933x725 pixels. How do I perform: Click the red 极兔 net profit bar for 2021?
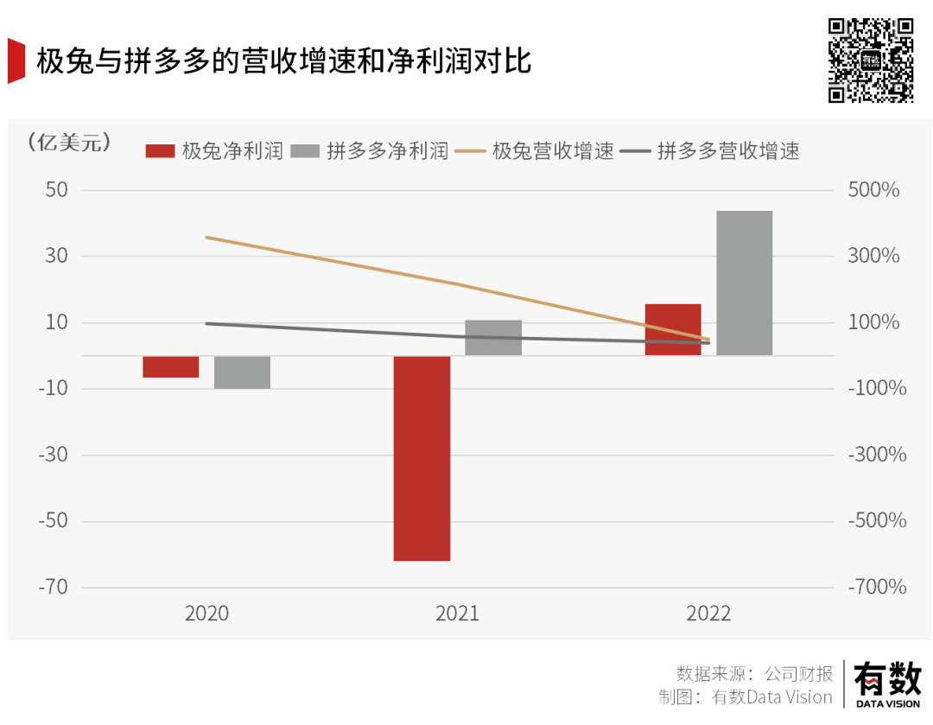(x=422, y=458)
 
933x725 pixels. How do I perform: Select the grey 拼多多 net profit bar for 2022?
(x=744, y=283)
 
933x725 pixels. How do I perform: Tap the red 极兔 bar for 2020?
(x=171, y=366)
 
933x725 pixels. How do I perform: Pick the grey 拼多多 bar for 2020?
(x=243, y=372)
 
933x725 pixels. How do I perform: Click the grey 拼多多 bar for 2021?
(x=493, y=338)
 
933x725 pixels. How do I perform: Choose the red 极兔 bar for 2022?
(x=673, y=329)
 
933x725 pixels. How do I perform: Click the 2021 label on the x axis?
(x=457, y=614)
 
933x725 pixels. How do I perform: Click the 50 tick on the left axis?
(x=56, y=190)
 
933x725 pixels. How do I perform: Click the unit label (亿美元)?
(x=69, y=143)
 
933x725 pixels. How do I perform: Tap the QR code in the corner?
(x=870, y=60)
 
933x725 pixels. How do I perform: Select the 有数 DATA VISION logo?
(x=887, y=683)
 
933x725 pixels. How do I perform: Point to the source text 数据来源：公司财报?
(x=754, y=674)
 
